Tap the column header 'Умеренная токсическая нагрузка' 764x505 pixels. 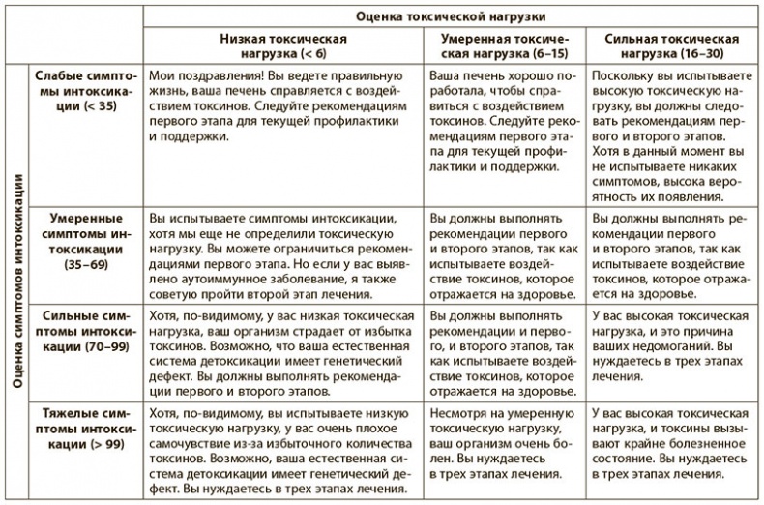point(502,45)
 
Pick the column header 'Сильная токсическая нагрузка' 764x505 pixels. point(671,45)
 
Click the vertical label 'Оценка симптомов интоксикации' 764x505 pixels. point(16,281)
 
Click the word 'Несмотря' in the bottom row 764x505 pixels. point(458,413)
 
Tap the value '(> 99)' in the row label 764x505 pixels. point(106,445)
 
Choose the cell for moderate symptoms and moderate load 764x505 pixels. point(502,253)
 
